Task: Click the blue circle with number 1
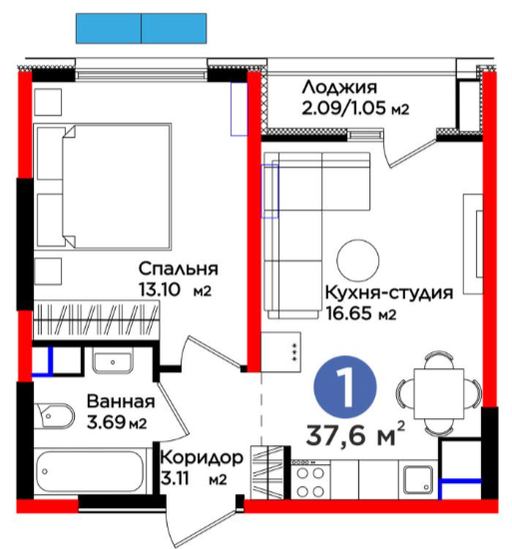click(344, 387)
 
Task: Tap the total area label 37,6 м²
click(355, 434)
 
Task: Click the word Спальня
click(178, 270)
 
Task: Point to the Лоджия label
click(339, 88)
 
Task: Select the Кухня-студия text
click(389, 292)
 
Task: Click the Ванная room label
click(121, 401)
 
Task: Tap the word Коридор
click(202, 457)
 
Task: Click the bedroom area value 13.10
click(160, 289)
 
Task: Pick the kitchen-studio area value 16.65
click(348, 312)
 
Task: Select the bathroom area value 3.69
click(107, 422)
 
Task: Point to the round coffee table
click(357, 261)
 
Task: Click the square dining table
click(439, 393)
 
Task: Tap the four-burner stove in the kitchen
click(310, 480)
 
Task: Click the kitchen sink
click(418, 479)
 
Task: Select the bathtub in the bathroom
click(90, 471)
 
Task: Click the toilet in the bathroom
click(54, 416)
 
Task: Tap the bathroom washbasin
click(113, 361)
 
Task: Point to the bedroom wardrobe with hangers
click(96, 320)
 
